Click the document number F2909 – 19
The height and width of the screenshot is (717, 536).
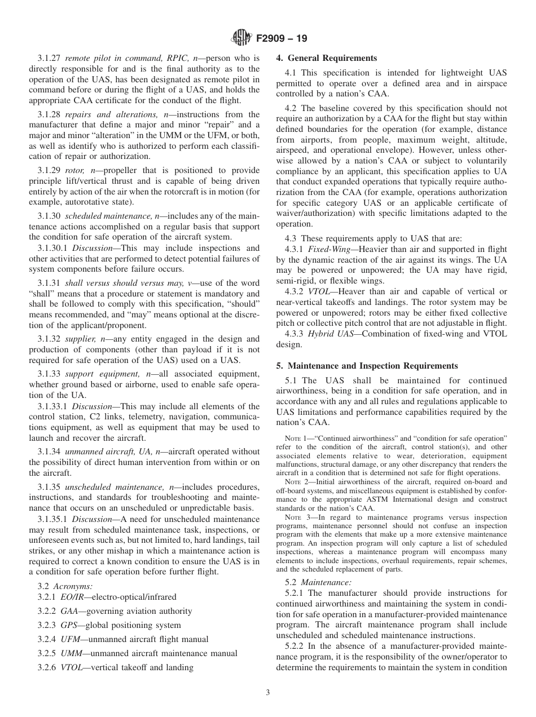point(281,39)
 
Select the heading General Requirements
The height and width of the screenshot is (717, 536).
point(326,58)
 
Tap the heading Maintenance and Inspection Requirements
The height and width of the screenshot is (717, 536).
point(367,366)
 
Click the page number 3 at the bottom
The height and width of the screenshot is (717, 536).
point(267,692)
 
